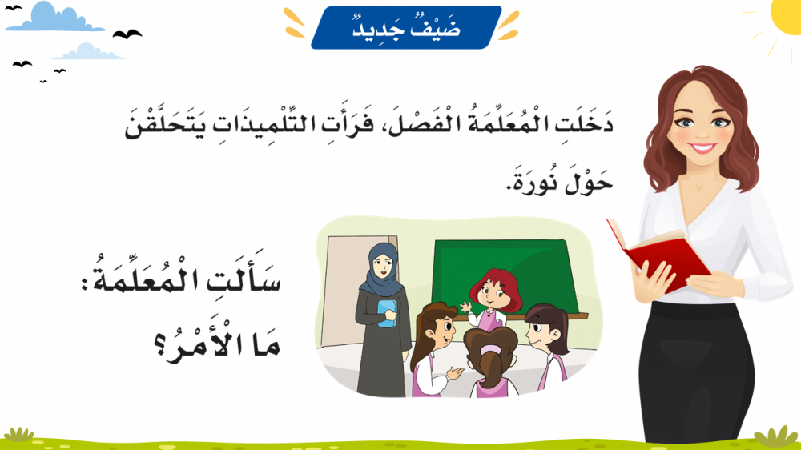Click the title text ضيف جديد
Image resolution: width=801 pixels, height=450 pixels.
(x=407, y=27)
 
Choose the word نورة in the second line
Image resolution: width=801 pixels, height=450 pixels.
(x=533, y=181)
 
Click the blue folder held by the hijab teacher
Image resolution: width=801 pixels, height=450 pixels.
(x=387, y=312)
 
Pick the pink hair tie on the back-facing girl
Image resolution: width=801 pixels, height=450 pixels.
(x=490, y=350)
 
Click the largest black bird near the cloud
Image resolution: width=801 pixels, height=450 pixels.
(x=127, y=34)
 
